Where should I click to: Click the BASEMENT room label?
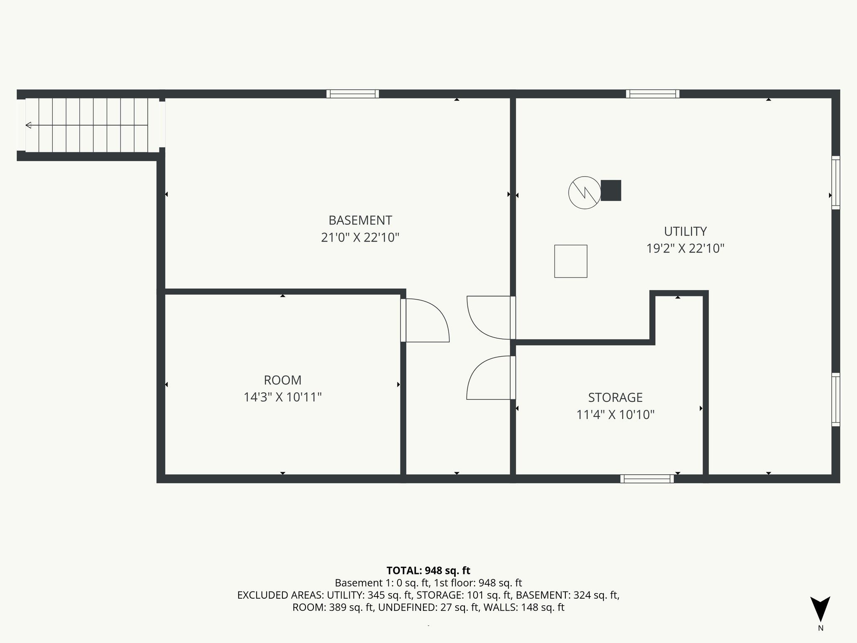click(360, 220)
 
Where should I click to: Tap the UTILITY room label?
click(685, 231)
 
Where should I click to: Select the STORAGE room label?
click(615, 397)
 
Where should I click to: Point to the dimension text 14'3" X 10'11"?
click(282, 397)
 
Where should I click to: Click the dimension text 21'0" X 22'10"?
click(360, 238)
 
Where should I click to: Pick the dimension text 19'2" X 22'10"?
click(685, 249)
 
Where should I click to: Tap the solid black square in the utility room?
click(611, 190)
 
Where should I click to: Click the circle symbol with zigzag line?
click(585, 193)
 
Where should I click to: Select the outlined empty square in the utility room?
click(570, 261)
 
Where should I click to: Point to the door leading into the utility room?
click(485, 318)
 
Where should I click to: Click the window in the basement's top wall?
click(352, 94)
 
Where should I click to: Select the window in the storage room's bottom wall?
click(647, 479)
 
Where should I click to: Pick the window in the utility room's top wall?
click(652, 94)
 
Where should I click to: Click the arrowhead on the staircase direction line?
click(28, 125)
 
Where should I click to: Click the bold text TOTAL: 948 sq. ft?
click(428, 571)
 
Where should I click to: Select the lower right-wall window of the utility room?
click(835, 399)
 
